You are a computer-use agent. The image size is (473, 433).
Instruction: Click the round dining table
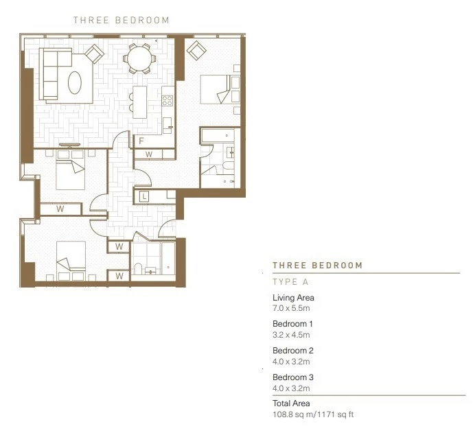(139, 58)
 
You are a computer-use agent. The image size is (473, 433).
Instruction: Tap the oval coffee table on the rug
(75, 82)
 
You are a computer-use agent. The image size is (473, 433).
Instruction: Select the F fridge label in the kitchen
(141, 141)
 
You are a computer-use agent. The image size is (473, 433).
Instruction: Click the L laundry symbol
(144, 197)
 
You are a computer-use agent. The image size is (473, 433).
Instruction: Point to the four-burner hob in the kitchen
(168, 100)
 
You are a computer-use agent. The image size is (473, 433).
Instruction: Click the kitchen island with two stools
(139, 102)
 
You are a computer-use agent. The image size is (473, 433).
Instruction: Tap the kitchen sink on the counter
(168, 126)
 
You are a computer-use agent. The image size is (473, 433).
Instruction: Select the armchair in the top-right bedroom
(196, 50)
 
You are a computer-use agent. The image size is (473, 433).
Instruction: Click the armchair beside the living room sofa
(95, 54)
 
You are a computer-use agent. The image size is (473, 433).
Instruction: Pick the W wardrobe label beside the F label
(149, 154)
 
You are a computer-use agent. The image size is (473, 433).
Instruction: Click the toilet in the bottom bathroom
(138, 269)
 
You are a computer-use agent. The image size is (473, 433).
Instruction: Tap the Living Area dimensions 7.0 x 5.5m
(291, 308)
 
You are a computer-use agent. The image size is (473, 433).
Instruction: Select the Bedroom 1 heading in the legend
(292, 324)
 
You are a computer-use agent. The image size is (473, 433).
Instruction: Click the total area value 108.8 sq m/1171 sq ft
(313, 414)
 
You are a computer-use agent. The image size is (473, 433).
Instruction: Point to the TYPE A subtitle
(290, 282)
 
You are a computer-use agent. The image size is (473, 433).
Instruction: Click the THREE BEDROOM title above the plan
(122, 20)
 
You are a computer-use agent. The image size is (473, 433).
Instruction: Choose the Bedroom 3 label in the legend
(293, 377)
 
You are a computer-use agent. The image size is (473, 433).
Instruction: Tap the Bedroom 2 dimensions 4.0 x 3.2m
(291, 362)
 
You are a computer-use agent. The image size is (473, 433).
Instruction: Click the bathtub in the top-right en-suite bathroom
(218, 135)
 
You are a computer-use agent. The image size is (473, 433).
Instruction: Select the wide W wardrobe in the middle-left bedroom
(60, 209)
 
